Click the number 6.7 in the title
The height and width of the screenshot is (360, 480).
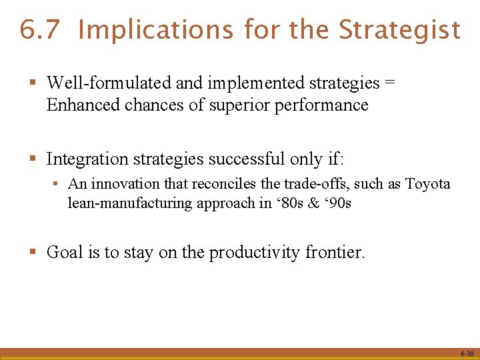(41, 30)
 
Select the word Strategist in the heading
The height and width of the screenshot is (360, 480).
(399, 30)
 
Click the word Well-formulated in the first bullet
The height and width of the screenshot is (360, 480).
(109, 83)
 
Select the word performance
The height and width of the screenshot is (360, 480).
(328, 105)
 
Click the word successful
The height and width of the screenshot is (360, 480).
(247, 159)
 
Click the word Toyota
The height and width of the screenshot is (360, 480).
(428, 184)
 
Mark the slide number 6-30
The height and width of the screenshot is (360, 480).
(466, 354)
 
